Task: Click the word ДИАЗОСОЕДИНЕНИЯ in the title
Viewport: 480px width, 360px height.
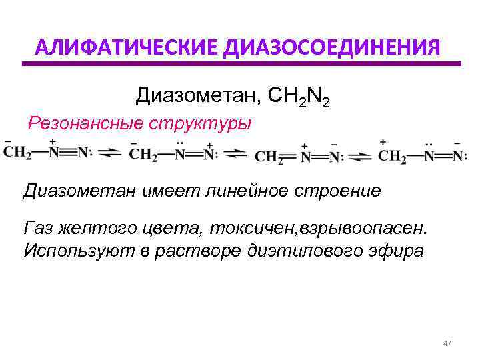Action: click(332, 48)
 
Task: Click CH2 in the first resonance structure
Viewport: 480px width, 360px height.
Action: click(17, 154)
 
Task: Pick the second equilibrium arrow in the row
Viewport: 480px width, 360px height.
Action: click(235, 155)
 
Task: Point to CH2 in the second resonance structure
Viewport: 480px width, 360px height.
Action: click(143, 155)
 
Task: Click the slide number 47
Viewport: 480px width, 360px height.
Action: click(447, 343)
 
